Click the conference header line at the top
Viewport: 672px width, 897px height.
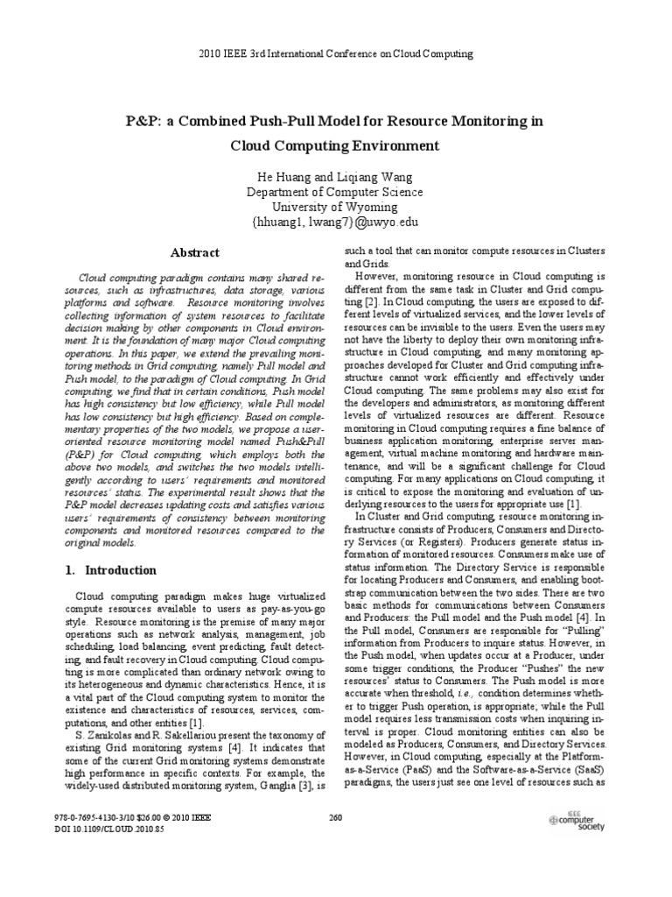point(335,53)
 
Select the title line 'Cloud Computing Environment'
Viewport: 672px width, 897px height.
point(335,145)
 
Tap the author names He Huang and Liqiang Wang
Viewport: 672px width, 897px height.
point(335,176)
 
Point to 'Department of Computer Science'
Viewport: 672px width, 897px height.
point(335,192)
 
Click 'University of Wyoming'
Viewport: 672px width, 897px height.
point(335,208)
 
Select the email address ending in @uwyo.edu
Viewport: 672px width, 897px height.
point(335,223)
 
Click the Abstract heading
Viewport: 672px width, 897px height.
point(193,251)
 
